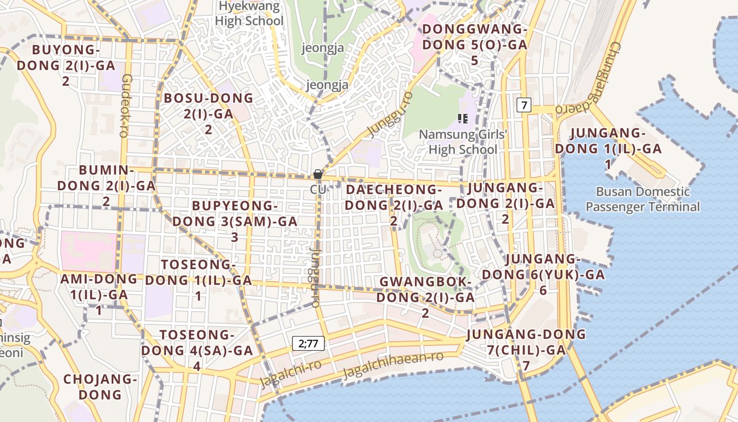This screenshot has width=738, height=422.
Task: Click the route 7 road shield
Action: (x=523, y=105)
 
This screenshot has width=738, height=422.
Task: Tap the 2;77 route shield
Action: (x=308, y=344)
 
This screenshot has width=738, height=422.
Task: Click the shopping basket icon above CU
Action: (x=317, y=174)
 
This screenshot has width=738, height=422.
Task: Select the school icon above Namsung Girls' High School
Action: (x=463, y=119)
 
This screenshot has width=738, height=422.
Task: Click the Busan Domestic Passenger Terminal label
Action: (x=643, y=199)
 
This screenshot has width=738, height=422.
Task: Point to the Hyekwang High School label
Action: (x=249, y=14)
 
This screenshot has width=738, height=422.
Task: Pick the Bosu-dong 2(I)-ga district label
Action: (x=208, y=113)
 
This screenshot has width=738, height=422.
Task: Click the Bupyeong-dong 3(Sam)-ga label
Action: (x=235, y=221)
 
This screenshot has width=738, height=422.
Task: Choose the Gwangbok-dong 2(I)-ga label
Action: (x=425, y=297)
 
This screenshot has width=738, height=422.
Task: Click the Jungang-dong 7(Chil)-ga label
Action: (x=526, y=349)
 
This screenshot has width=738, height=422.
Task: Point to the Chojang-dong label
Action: (x=100, y=387)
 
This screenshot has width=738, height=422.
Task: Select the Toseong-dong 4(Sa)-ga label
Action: (x=197, y=350)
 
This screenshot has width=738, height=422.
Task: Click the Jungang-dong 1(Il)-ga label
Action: (x=608, y=148)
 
